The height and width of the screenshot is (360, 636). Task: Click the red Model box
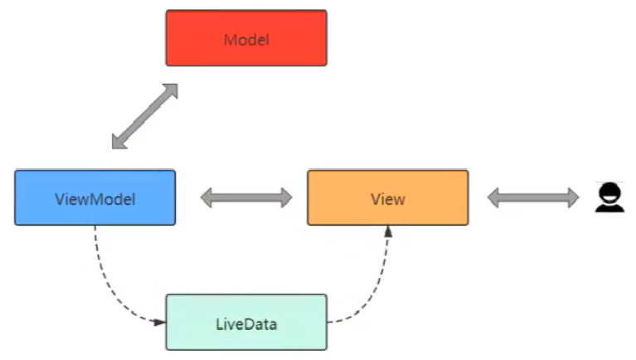pos(246,38)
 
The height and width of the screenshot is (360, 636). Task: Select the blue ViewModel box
pos(95,197)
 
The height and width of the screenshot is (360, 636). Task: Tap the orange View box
pos(387,197)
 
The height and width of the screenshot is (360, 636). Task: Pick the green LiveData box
pos(246,322)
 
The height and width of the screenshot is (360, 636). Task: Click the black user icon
pos(609,197)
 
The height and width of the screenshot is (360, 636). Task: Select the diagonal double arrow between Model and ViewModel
pos(145,116)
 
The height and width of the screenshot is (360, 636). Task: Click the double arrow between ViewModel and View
pos(246,197)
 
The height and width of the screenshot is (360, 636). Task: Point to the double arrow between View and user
pos(533,197)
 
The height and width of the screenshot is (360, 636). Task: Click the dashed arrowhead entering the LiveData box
pos(160,321)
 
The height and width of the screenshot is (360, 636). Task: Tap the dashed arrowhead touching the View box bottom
pos(387,231)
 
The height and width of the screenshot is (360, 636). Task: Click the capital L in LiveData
pos(219,323)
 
